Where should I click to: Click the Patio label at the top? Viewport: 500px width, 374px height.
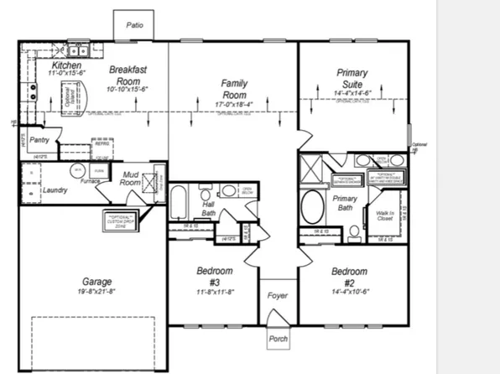click(x=134, y=25)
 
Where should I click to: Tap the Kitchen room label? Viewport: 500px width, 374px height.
click(x=65, y=65)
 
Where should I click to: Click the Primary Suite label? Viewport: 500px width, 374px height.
click(x=353, y=79)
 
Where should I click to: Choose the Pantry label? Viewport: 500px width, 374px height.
click(x=39, y=140)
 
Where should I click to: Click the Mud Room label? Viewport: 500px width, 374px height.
click(x=130, y=179)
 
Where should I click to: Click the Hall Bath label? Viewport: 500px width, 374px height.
click(x=210, y=208)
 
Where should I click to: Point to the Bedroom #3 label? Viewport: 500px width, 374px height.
click(x=214, y=276)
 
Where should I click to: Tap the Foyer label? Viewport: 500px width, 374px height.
click(x=277, y=295)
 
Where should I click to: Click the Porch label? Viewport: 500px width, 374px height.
click(x=278, y=338)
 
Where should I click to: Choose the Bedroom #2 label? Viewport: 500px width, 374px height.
click(x=348, y=276)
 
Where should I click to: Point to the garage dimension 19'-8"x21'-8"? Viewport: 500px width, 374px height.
click(x=96, y=292)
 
